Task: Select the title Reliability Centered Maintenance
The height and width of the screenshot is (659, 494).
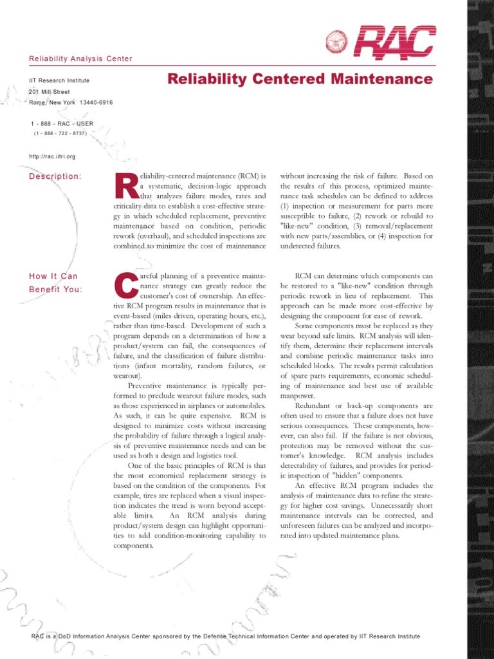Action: pos(300,79)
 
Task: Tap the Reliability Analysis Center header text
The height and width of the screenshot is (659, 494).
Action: pos(80,59)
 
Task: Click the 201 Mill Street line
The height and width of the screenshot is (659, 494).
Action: pos(54,92)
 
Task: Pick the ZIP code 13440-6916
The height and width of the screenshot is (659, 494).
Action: pos(96,103)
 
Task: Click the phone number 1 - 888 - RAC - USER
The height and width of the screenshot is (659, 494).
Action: pos(62,123)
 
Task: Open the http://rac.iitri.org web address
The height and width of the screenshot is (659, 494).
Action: pos(53,156)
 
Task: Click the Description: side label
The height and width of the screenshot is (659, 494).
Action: pos(55,176)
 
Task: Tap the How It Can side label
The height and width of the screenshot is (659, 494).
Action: pos(53,276)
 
